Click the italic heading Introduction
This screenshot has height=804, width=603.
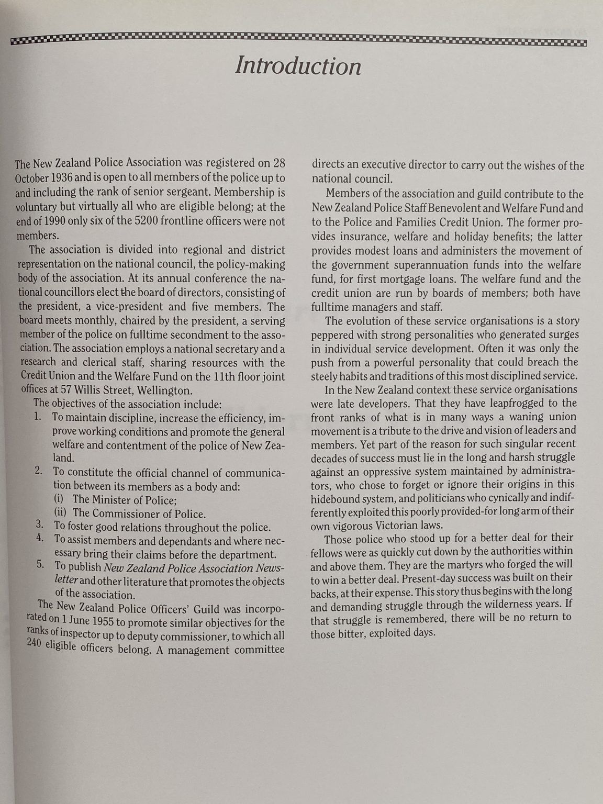click(298, 66)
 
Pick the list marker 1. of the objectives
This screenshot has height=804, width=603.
click(37, 417)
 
